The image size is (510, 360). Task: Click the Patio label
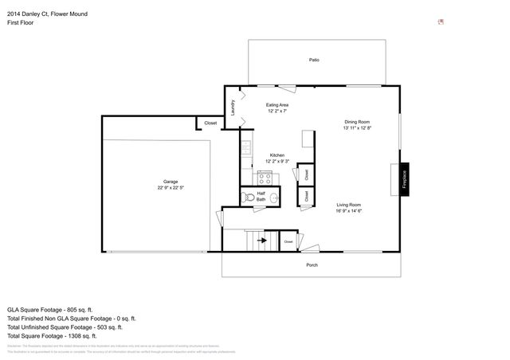coord(314,60)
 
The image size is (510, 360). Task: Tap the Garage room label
coord(171,181)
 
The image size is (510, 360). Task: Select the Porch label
coord(312,264)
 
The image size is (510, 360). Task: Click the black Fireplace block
coord(405,178)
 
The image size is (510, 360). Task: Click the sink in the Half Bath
coord(273,198)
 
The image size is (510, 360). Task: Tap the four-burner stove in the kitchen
coord(265,178)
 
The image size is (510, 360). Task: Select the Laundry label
coord(233,108)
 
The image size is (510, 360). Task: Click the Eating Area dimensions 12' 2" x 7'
coord(277,112)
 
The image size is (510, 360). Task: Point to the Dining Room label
coord(358,121)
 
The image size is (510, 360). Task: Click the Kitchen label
coord(277,155)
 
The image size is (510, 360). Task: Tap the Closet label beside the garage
coord(210,123)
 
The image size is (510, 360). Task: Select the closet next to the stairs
coord(288,241)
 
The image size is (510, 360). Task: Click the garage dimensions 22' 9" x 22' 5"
coord(171,188)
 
